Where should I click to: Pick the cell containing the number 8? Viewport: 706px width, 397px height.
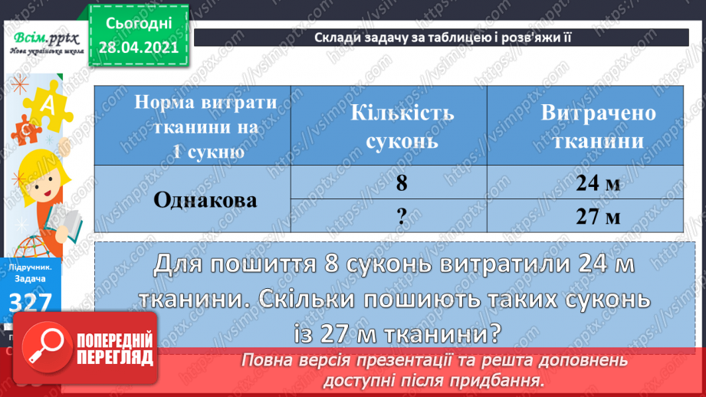tap(402, 183)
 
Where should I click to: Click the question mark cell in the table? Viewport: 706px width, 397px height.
tap(402, 216)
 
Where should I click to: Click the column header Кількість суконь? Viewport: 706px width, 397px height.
tap(402, 126)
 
